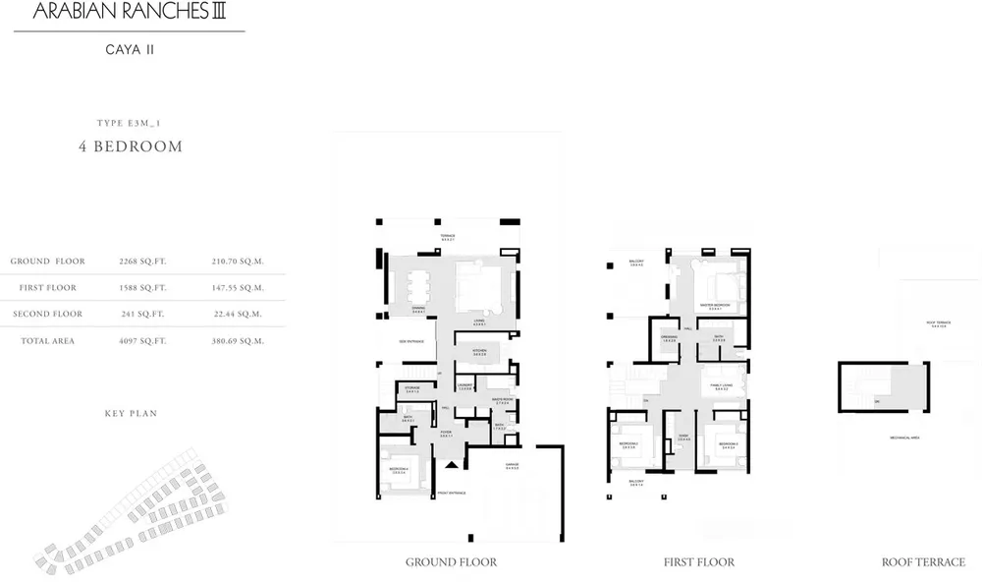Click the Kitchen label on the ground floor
(479, 350)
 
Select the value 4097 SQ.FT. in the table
(142, 341)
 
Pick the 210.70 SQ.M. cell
(238, 262)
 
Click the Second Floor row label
(48, 315)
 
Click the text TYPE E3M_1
(131, 123)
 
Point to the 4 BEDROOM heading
(131, 146)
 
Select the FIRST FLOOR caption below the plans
(699, 562)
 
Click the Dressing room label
(670, 337)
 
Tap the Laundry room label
(464, 385)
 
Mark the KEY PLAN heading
(131, 414)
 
